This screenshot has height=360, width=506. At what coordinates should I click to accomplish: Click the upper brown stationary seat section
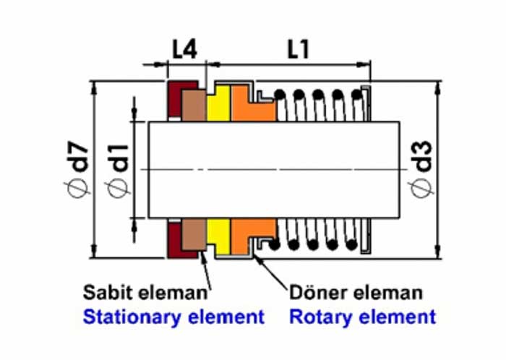tap(193, 105)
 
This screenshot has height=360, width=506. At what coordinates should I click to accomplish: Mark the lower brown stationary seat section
tap(193, 235)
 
